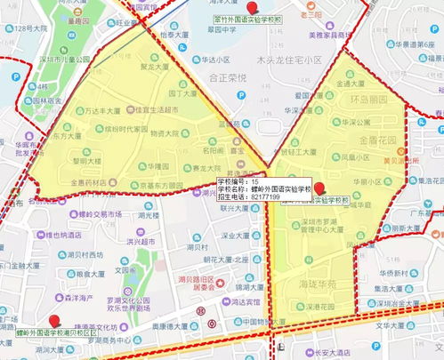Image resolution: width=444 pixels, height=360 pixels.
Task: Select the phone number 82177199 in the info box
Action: [266, 196]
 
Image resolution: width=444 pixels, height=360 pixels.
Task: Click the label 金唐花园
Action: [379, 141]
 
